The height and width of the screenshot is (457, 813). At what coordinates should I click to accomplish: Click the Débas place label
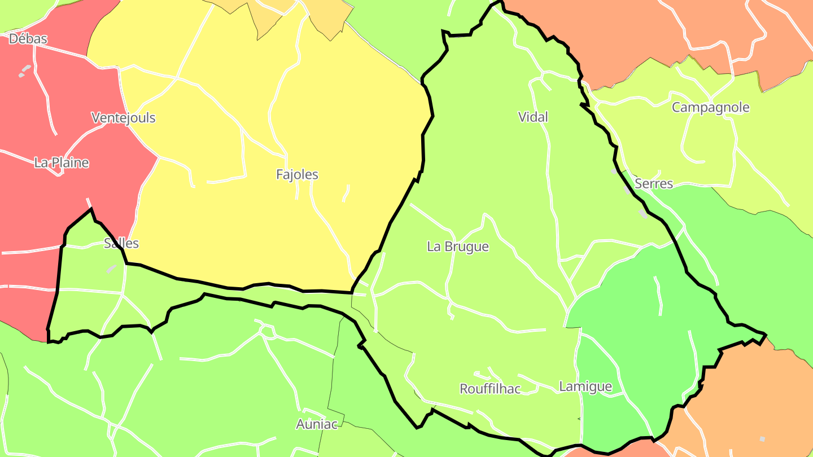pyautogui.click(x=28, y=39)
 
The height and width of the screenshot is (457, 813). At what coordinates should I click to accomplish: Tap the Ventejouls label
pyautogui.click(x=123, y=118)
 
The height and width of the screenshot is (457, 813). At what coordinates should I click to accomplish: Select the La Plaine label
pyautogui.click(x=62, y=162)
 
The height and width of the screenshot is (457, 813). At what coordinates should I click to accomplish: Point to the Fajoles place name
pyautogui.click(x=297, y=174)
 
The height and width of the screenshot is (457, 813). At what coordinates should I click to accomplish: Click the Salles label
pyautogui.click(x=121, y=243)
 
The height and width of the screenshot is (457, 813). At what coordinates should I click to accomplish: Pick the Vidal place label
pyautogui.click(x=533, y=117)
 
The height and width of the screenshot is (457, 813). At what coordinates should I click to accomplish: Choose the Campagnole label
pyautogui.click(x=710, y=107)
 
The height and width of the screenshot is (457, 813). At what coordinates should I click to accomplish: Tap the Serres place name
pyautogui.click(x=654, y=183)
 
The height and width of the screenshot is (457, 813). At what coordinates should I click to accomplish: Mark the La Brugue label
pyautogui.click(x=458, y=247)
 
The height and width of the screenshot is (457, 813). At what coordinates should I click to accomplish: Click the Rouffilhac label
pyautogui.click(x=490, y=389)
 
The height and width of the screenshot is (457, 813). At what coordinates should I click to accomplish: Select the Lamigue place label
pyautogui.click(x=585, y=386)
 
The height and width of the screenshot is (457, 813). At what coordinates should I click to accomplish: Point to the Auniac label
pyautogui.click(x=317, y=424)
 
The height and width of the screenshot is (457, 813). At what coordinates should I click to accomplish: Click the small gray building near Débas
pyautogui.click(x=24, y=71)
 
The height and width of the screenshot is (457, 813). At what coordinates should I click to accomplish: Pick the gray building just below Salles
pyautogui.click(x=112, y=269)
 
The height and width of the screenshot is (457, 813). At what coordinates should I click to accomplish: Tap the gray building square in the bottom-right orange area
pyautogui.click(x=762, y=438)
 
